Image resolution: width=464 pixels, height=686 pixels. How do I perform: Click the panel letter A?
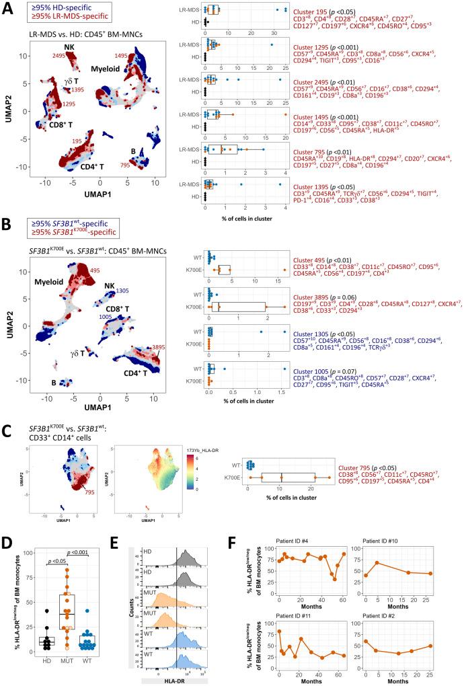7,8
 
